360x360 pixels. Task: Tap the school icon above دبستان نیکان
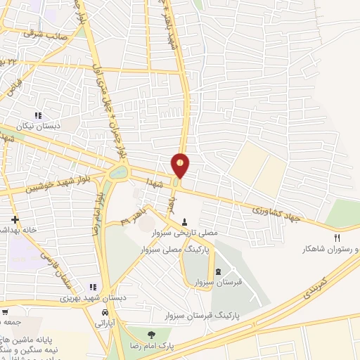39,115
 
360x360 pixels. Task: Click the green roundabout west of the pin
119,172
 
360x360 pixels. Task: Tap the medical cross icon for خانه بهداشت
14,219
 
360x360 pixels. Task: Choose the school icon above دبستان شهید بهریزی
93,287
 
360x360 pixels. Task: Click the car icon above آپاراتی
105,312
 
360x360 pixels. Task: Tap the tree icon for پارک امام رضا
148,335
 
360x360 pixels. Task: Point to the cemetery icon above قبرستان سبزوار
217,271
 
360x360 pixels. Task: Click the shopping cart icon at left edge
5,312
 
